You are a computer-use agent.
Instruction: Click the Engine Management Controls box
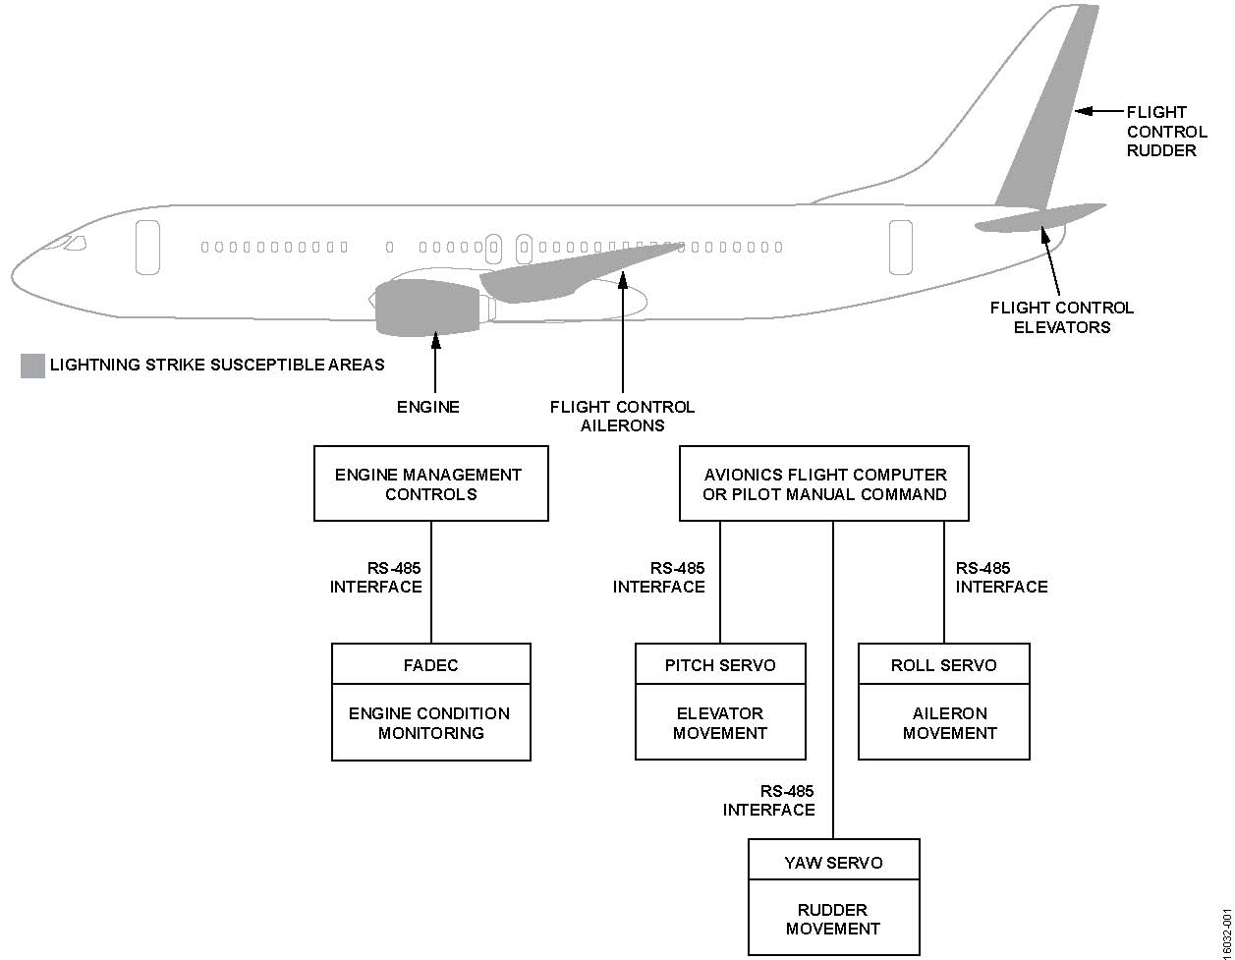430,483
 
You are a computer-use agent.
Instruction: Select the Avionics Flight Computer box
824,483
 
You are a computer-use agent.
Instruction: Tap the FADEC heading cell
430,664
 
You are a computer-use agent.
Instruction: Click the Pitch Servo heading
720,664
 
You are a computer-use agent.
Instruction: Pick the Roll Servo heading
943,664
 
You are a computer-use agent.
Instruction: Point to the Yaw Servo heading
833,862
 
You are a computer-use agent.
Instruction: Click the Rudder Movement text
833,919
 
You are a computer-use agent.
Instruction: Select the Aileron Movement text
949,723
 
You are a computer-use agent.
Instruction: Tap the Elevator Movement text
720,723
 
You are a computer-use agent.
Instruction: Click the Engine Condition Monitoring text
430,723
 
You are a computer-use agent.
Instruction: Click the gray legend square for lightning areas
32,366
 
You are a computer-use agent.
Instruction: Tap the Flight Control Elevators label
1061,317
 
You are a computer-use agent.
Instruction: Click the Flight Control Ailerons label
622,416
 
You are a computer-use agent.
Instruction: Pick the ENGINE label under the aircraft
427,407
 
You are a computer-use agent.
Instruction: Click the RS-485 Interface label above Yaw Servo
769,800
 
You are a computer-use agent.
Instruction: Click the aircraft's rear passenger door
900,247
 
